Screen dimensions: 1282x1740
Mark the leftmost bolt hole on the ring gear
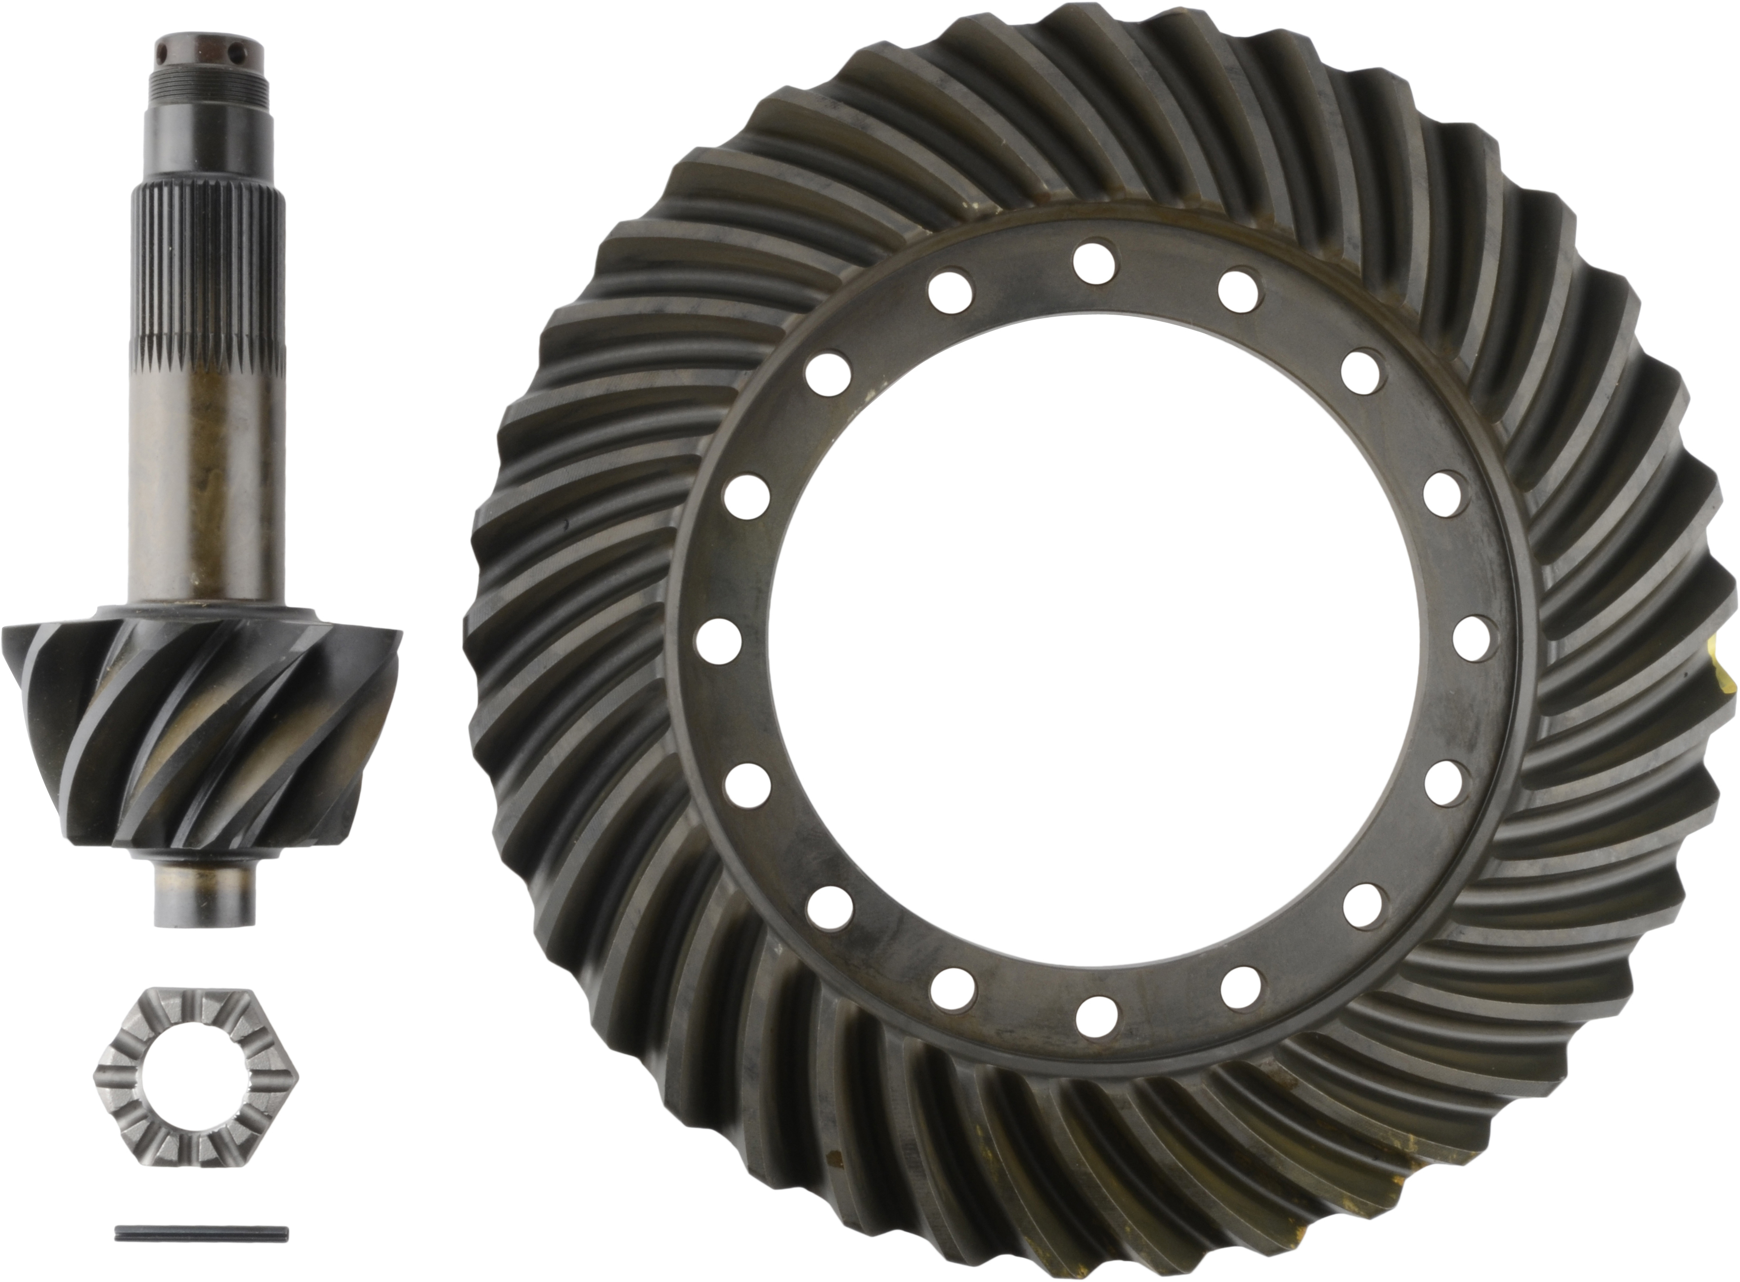[718, 642]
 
